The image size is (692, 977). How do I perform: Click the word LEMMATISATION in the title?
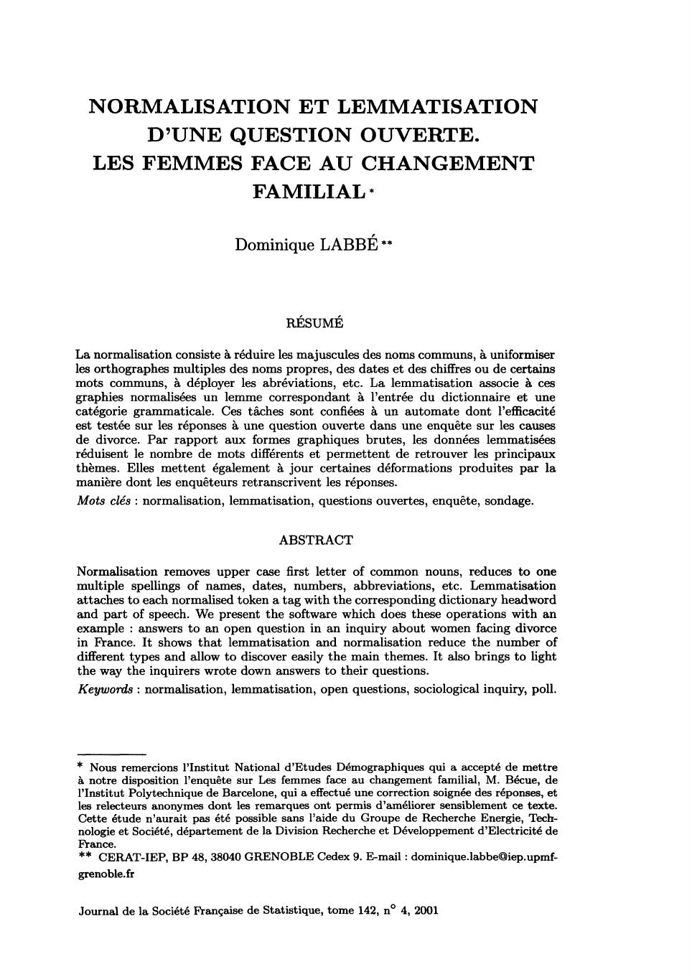click(437, 107)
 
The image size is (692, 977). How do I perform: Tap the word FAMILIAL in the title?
click(308, 192)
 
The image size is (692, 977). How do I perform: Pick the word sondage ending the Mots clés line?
click(509, 500)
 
